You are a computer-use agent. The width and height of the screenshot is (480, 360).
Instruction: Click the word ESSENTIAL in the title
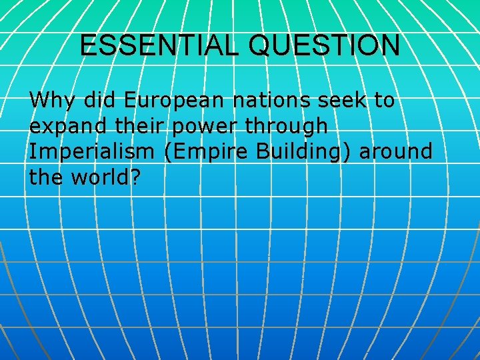click(x=157, y=45)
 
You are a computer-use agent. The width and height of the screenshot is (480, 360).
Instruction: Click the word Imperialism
click(x=91, y=151)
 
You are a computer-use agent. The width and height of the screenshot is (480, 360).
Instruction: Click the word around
click(x=396, y=152)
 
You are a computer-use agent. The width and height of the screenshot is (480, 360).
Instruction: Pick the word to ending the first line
click(x=384, y=101)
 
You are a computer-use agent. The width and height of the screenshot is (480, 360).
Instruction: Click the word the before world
click(x=46, y=177)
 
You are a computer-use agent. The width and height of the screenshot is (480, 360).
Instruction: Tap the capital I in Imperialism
click(x=32, y=151)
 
